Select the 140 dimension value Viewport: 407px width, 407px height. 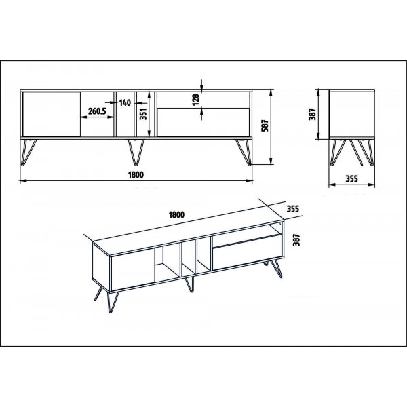click(x=125, y=103)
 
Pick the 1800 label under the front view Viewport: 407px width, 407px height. click(x=136, y=174)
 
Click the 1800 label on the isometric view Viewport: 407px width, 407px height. click(x=176, y=215)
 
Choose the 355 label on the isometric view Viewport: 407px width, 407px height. click(x=292, y=208)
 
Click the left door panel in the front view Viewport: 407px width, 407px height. click(x=52, y=114)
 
